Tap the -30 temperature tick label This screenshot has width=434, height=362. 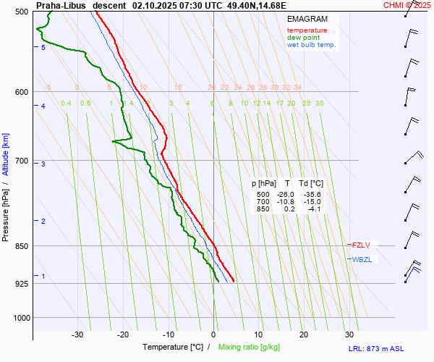(x=77, y=334)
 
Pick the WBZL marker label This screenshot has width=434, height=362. (x=362, y=259)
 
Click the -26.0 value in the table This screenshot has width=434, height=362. (x=287, y=195)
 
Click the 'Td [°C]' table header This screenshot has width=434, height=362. (x=312, y=184)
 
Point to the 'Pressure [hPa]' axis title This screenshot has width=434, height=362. (x=6, y=211)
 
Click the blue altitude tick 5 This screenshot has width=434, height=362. (x=43, y=48)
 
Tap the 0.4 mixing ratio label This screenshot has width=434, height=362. (x=66, y=104)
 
